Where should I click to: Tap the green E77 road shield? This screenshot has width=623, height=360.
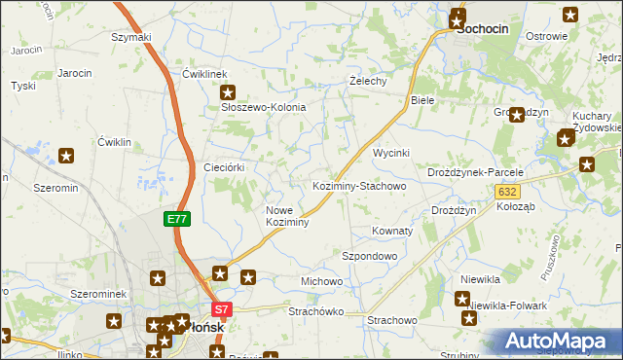[176, 220]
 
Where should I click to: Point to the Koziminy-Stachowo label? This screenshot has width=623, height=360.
[358, 185]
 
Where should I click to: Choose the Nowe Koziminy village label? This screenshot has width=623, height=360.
[287, 216]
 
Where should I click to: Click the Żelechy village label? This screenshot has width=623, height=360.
[369, 81]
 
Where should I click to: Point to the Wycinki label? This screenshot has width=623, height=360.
[391, 154]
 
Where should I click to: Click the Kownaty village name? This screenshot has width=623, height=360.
[392, 232]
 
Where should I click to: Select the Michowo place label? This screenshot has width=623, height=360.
[321, 281]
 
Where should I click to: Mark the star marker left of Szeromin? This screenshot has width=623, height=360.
[66, 155]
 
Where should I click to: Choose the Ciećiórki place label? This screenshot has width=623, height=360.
[223, 167]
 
